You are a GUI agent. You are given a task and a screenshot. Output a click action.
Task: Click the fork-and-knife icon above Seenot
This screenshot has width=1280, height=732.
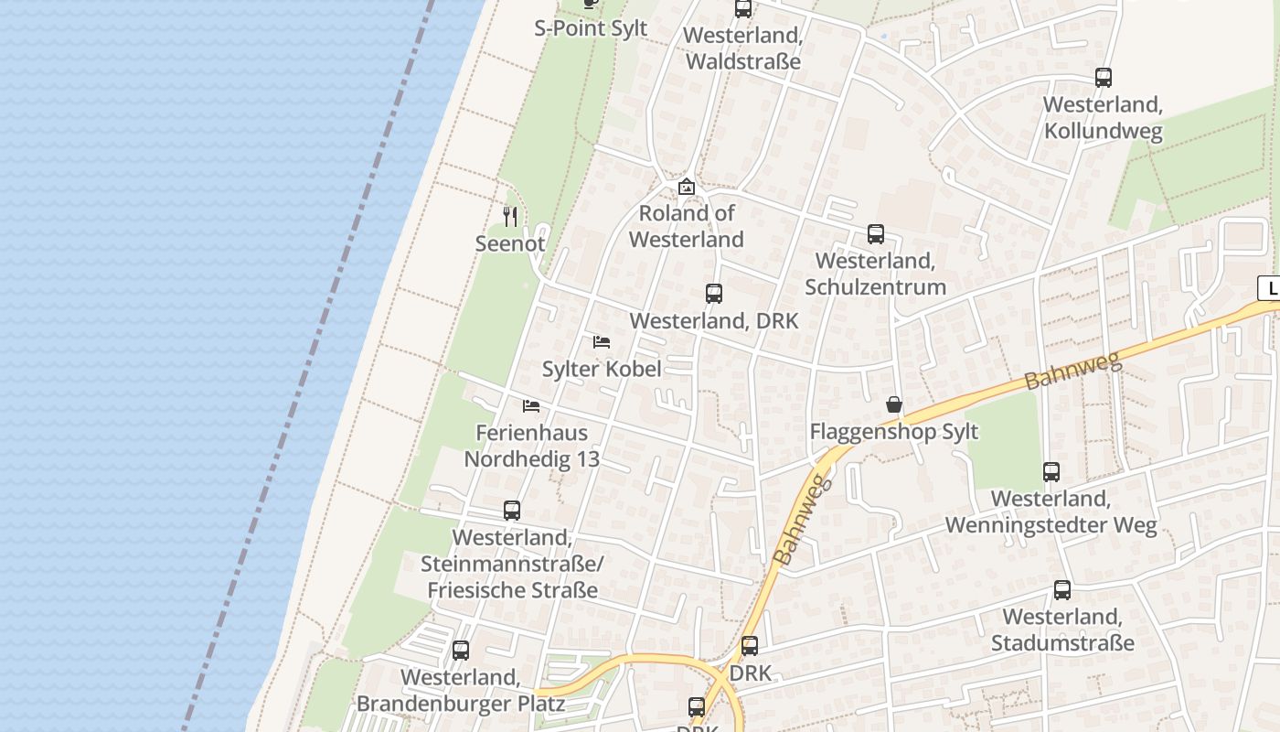510,217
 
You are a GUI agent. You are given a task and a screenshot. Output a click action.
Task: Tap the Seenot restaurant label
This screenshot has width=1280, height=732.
510,243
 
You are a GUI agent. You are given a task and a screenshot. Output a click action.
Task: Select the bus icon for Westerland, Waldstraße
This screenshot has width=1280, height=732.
743,9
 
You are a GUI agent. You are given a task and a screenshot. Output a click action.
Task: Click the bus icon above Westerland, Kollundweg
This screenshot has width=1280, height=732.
1104,78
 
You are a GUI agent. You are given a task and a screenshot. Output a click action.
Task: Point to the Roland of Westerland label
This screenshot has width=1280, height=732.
687,226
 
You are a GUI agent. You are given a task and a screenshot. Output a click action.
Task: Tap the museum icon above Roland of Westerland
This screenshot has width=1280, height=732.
687,187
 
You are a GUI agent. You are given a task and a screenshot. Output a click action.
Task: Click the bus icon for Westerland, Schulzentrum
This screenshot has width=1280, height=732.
876,234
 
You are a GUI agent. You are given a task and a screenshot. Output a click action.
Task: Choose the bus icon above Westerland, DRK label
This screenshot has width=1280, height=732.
714,294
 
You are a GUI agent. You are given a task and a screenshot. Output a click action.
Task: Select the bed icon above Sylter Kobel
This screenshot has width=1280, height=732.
602,342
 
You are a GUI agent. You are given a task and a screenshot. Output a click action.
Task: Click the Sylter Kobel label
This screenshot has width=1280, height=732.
602,369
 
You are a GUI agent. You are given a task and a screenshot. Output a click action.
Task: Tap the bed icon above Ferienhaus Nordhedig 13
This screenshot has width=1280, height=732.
531,405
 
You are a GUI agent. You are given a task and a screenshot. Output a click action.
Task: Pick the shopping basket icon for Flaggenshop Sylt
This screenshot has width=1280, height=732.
894,404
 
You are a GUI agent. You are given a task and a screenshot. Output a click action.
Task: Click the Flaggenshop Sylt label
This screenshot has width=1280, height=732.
894,431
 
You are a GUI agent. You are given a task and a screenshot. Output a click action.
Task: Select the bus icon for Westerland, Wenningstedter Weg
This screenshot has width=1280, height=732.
1051,472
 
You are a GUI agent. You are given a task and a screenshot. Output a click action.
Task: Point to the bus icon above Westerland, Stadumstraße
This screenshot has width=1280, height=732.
1062,590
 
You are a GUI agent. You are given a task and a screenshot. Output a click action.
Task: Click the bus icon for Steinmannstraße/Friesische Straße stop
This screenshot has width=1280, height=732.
512,511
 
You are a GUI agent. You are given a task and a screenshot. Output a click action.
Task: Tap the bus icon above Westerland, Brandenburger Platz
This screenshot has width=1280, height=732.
461,651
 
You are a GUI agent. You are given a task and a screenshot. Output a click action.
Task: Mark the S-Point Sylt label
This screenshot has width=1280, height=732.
591,28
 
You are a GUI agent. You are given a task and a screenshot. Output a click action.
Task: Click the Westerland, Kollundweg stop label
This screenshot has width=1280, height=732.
1103,118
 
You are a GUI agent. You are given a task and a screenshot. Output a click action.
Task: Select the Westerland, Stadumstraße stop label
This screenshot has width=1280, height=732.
1062,630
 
